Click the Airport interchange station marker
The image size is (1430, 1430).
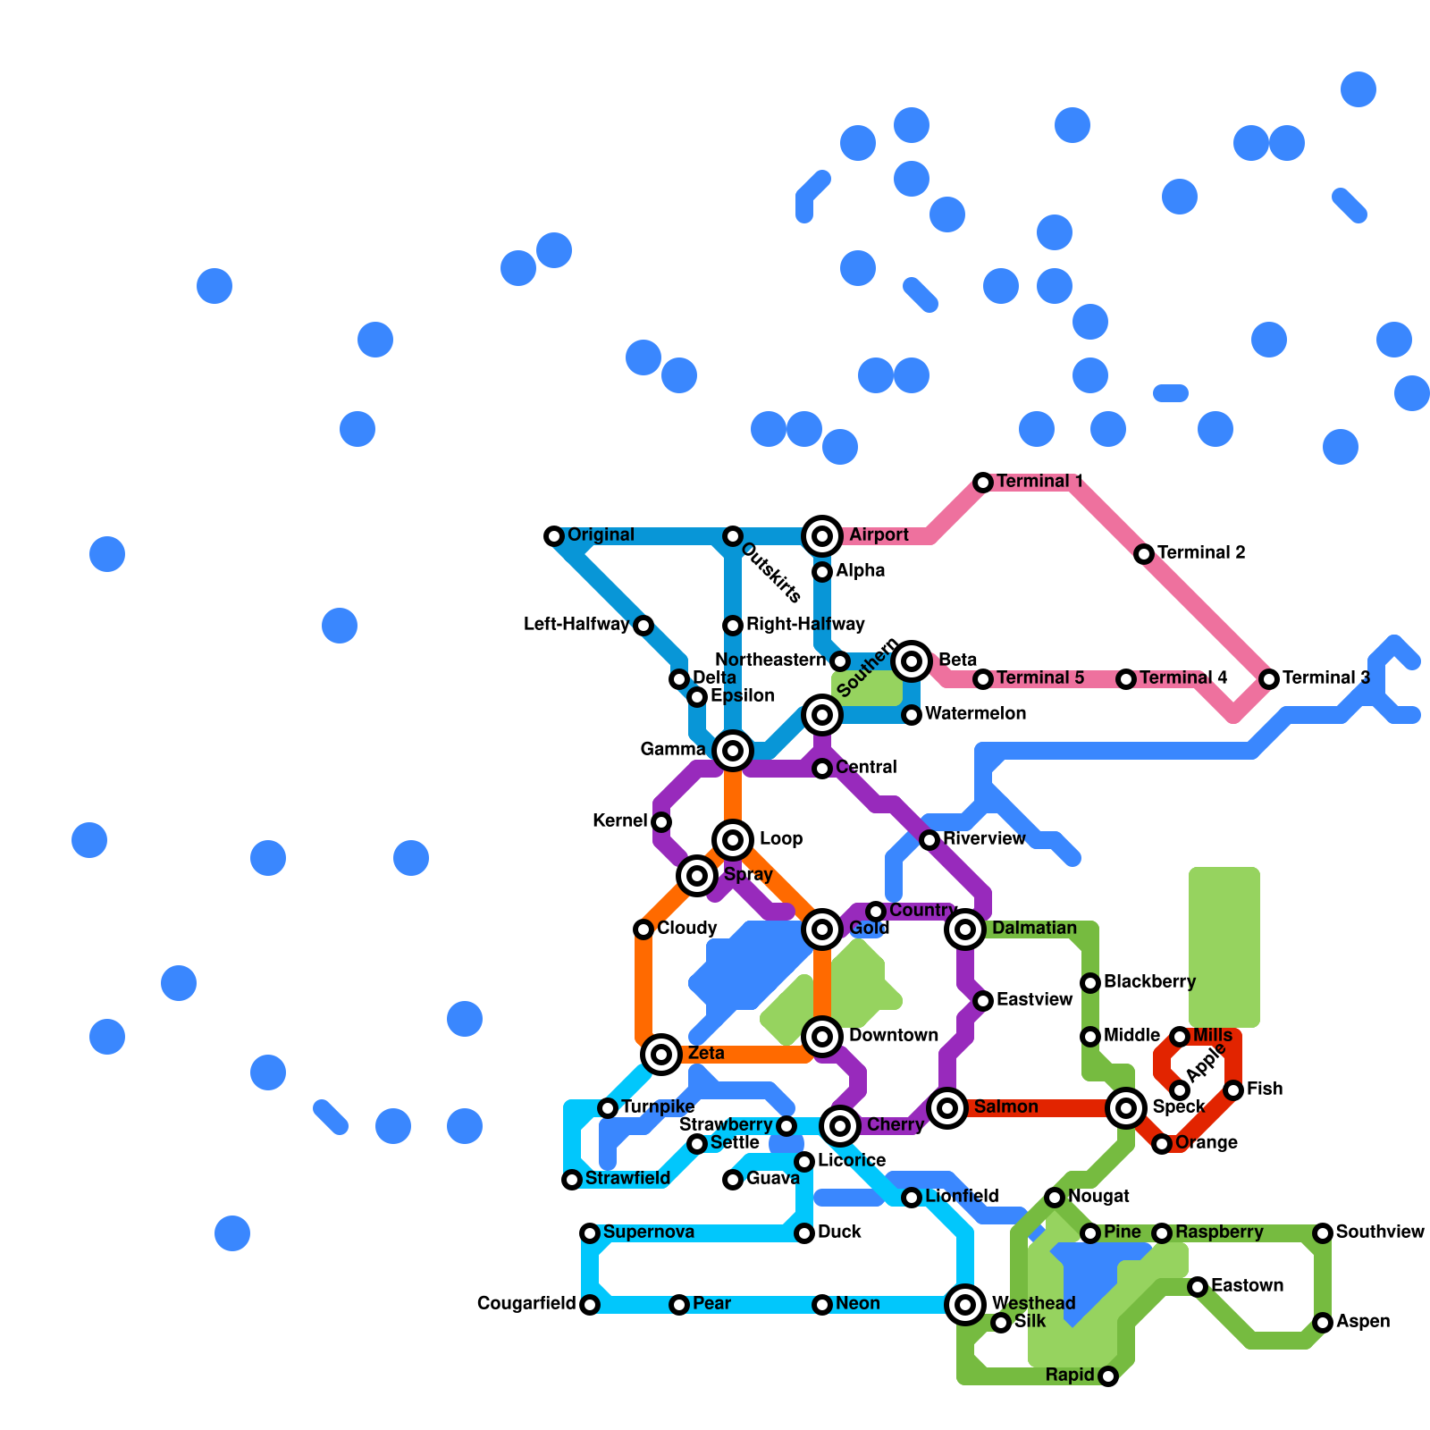(822, 536)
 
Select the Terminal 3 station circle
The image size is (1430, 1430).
(1269, 679)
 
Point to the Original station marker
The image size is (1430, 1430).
(554, 536)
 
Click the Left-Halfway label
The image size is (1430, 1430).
(576, 625)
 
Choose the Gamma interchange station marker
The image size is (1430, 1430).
(733, 751)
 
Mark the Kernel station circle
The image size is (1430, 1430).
(661, 822)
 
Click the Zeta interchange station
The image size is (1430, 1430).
(661, 1055)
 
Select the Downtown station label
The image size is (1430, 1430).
(893, 1036)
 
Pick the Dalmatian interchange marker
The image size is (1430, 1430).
(965, 929)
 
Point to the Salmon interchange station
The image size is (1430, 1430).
(947, 1108)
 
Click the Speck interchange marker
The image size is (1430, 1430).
(1126, 1108)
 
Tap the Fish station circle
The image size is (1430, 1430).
(1233, 1090)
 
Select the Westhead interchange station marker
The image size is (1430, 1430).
(965, 1305)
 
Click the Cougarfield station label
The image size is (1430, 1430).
(526, 1304)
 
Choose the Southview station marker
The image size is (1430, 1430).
(1323, 1233)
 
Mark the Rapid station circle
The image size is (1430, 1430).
(1108, 1376)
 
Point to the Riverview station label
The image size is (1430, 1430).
(984, 839)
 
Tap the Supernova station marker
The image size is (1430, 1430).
(590, 1233)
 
